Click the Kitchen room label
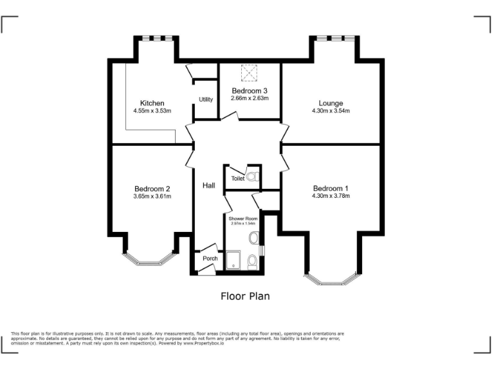pos(152,103)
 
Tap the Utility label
pos(206,100)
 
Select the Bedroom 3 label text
pos(250,91)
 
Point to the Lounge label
pos(331,103)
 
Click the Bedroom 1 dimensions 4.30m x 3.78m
pos(331,196)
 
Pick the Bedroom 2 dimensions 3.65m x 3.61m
pos(152,197)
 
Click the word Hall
pos(208,186)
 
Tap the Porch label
pos(210,259)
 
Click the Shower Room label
pos(243,218)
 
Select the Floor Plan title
pos(245,296)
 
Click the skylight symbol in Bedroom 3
pos(249,73)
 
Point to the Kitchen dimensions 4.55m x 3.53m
pos(152,111)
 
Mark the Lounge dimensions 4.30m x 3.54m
pos(331,111)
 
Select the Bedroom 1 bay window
pos(331,279)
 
